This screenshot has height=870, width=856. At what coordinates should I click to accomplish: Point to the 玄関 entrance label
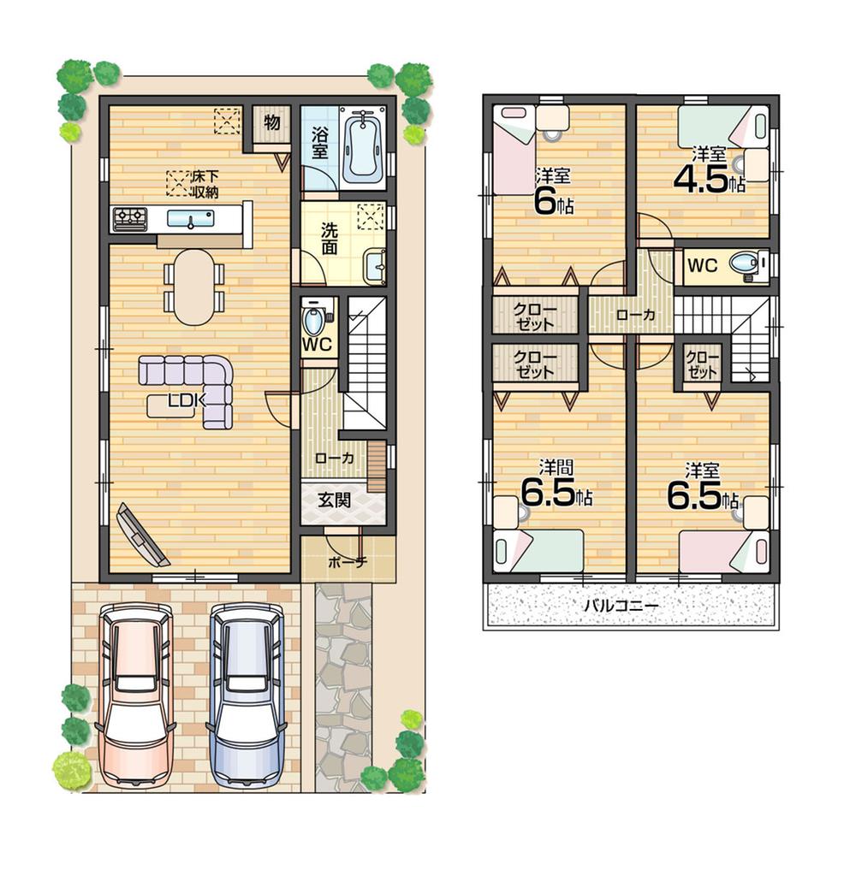click(x=335, y=501)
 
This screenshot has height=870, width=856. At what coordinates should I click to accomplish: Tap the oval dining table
click(x=194, y=287)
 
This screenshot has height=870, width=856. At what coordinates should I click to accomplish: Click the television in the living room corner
click(x=141, y=536)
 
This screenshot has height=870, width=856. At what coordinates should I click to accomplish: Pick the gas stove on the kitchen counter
click(x=129, y=219)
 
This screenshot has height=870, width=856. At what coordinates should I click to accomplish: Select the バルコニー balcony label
click(x=621, y=606)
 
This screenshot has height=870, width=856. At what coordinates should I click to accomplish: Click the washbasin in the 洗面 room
click(x=374, y=264)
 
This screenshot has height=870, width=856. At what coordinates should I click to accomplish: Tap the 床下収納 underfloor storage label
click(x=203, y=184)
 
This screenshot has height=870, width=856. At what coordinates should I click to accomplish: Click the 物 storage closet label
click(x=271, y=122)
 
